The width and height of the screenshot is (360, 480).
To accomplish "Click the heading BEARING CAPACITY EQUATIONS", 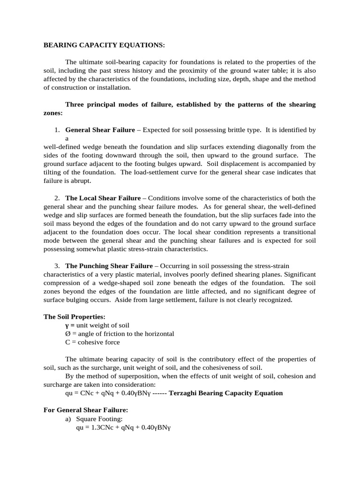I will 104,45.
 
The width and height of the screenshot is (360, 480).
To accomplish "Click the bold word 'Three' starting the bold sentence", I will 75,105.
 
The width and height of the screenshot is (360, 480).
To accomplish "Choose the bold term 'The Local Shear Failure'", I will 103,198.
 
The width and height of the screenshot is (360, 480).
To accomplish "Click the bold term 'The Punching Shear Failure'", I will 109,266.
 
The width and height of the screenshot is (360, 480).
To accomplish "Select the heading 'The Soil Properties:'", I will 74,317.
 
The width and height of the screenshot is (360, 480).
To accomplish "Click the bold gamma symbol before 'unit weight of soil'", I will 67,325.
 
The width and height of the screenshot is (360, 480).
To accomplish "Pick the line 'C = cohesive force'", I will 92,342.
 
